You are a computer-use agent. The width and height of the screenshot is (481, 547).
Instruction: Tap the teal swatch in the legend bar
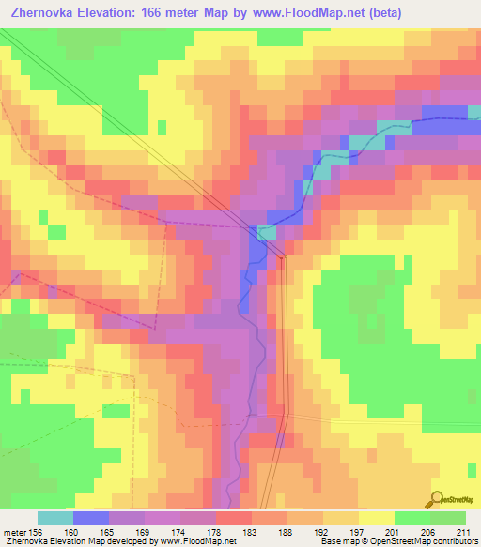(x=54, y=518)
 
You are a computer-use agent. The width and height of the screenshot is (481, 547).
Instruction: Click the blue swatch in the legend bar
(x=90, y=518)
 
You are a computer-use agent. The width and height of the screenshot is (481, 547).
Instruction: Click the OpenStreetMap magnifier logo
(x=437, y=499)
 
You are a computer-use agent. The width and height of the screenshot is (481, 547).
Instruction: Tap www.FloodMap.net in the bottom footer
(x=198, y=541)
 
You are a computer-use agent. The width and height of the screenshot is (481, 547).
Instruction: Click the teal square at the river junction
(x=267, y=232)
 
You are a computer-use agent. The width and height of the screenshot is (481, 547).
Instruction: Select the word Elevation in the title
(x=108, y=12)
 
